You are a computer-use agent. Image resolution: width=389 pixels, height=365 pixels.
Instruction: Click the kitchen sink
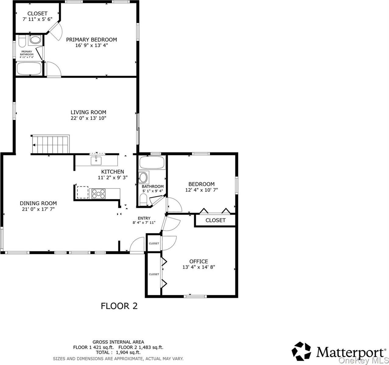pyautogui.click(x=96, y=161)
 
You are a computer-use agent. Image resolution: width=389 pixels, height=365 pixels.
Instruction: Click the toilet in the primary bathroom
pyautogui.click(x=22, y=41)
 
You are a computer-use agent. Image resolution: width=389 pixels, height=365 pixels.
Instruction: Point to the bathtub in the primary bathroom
pyautogui.click(x=29, y=68)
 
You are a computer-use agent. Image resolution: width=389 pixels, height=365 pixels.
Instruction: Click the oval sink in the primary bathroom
pyautogui.click(x=35, y=40)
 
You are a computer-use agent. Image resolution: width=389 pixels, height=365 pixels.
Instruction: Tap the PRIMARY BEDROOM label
pyautogui.click(x=91, y=40)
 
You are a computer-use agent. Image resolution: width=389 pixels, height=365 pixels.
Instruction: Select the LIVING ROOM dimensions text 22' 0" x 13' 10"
pyautogui.click(x=88, y=118)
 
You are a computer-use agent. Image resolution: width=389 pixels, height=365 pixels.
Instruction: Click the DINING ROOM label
pyautogui.click(x=38, y=203)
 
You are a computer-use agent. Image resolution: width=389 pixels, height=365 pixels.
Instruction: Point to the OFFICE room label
pyautogui.click(x=199, y=261)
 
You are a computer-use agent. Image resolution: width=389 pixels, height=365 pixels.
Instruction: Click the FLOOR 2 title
pyautogui.click(x=119, y=306)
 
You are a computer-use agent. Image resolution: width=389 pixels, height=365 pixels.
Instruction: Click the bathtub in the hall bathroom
pyautogui.click(x=152, y=162)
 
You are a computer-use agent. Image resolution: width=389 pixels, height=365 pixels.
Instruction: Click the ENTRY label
pyautogui.click(x=144, y=218)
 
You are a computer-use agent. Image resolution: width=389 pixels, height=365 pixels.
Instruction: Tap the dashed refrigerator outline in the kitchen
pyautogui.click(x=83, y=193)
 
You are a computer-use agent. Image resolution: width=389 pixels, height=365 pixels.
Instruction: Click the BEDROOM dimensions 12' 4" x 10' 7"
pyautogui.click(x=202, y=190)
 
